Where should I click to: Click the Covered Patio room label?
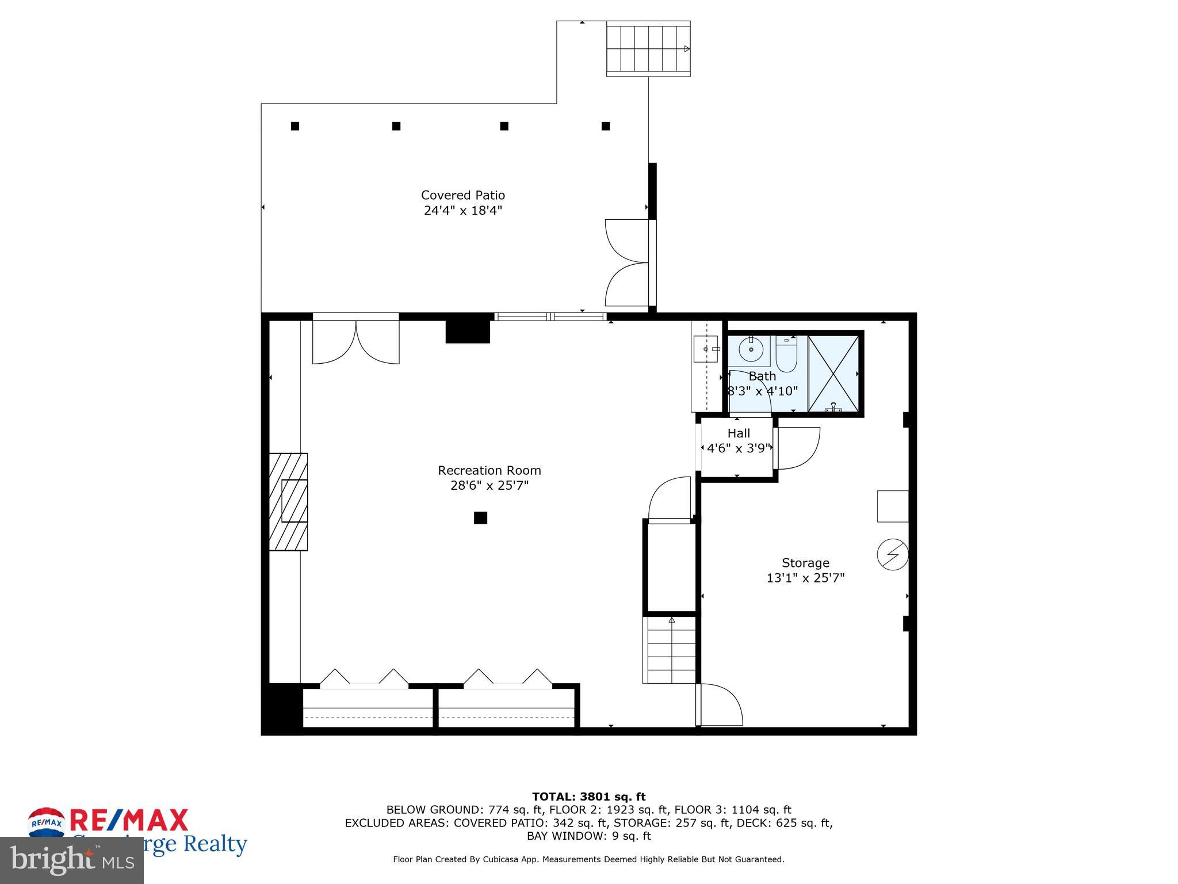(x=462, y=195)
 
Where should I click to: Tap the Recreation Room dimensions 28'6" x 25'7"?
(x=489, y=486)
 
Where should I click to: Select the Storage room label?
(x=805, y=563)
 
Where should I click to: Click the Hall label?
(x=739, y=433)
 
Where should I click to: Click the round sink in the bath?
(x=751, y=348)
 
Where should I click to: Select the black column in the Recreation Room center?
(x=480, y=518)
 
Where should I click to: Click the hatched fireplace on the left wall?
(x=289, y=501)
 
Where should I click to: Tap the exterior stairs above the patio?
(x=648, y=49)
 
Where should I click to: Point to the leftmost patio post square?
(x=295, y=126)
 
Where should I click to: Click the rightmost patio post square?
(x=605, y=126)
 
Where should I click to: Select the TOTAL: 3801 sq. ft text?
(x=588, y=797)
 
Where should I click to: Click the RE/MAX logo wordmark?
(x=129, y=821)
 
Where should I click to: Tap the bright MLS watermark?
(x=71, y=860)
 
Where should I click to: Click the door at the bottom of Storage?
(x=719, y=705)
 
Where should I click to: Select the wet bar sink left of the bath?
(x=706, y=349)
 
